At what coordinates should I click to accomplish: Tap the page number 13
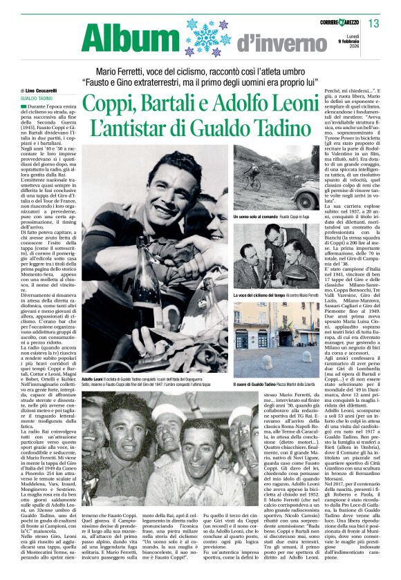373,24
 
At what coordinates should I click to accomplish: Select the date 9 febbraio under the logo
351,41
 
